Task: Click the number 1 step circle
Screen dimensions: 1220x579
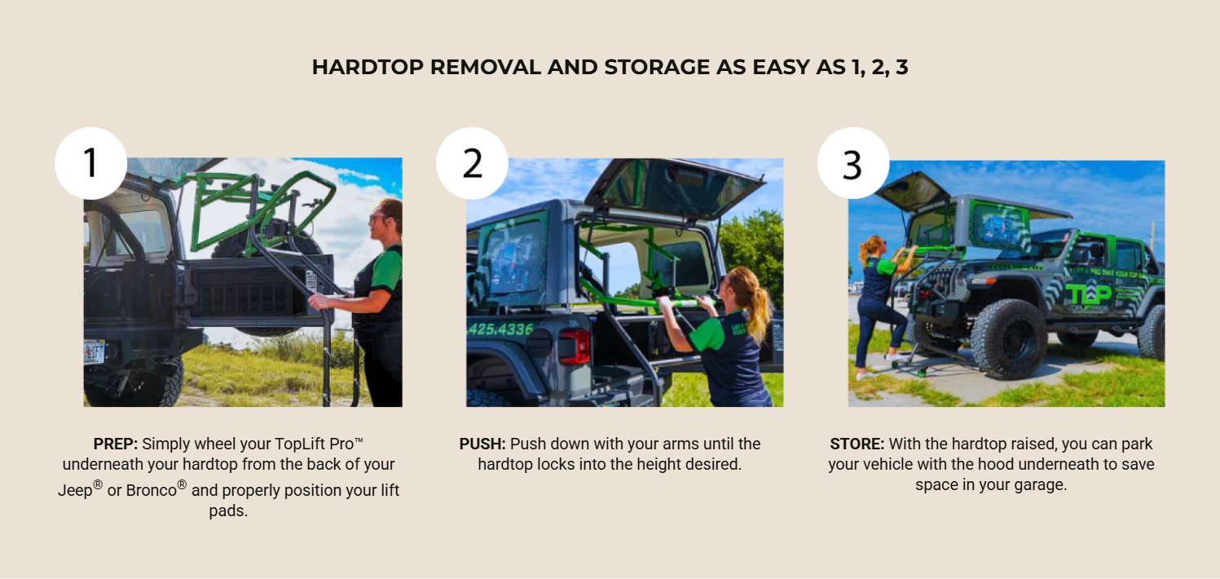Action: pyautogui.click(x=91, y=163)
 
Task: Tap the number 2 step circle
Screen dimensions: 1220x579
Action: pyautogui.click(x=472, y=163)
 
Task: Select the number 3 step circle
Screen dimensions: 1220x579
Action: pyautogui.click(x=853, y=163)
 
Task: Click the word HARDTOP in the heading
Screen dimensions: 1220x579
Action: pyautogui.click(x=368, y=67)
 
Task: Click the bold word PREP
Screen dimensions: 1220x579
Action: pyautogui.click(x=116, y=444)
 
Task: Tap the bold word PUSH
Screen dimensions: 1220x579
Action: pyautogui.click(x=482, y=444)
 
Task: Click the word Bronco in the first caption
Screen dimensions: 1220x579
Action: pyautogui.click(x=152, y=490)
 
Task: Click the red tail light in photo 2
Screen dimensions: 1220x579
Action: pyautogui.click(x=575, y=347)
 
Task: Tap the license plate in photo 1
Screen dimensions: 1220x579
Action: pyautogui.click(x=95, y=351)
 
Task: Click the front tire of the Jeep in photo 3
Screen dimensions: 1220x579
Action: pyautogui.click(x=1009, y=338)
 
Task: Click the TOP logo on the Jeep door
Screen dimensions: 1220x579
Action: pyautogui.click(x=1088, y=295)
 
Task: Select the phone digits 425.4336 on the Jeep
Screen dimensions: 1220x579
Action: pyautogui.click(x=500, y=329)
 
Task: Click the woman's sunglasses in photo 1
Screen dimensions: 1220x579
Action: pyautogui.click(x=377, y=218)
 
